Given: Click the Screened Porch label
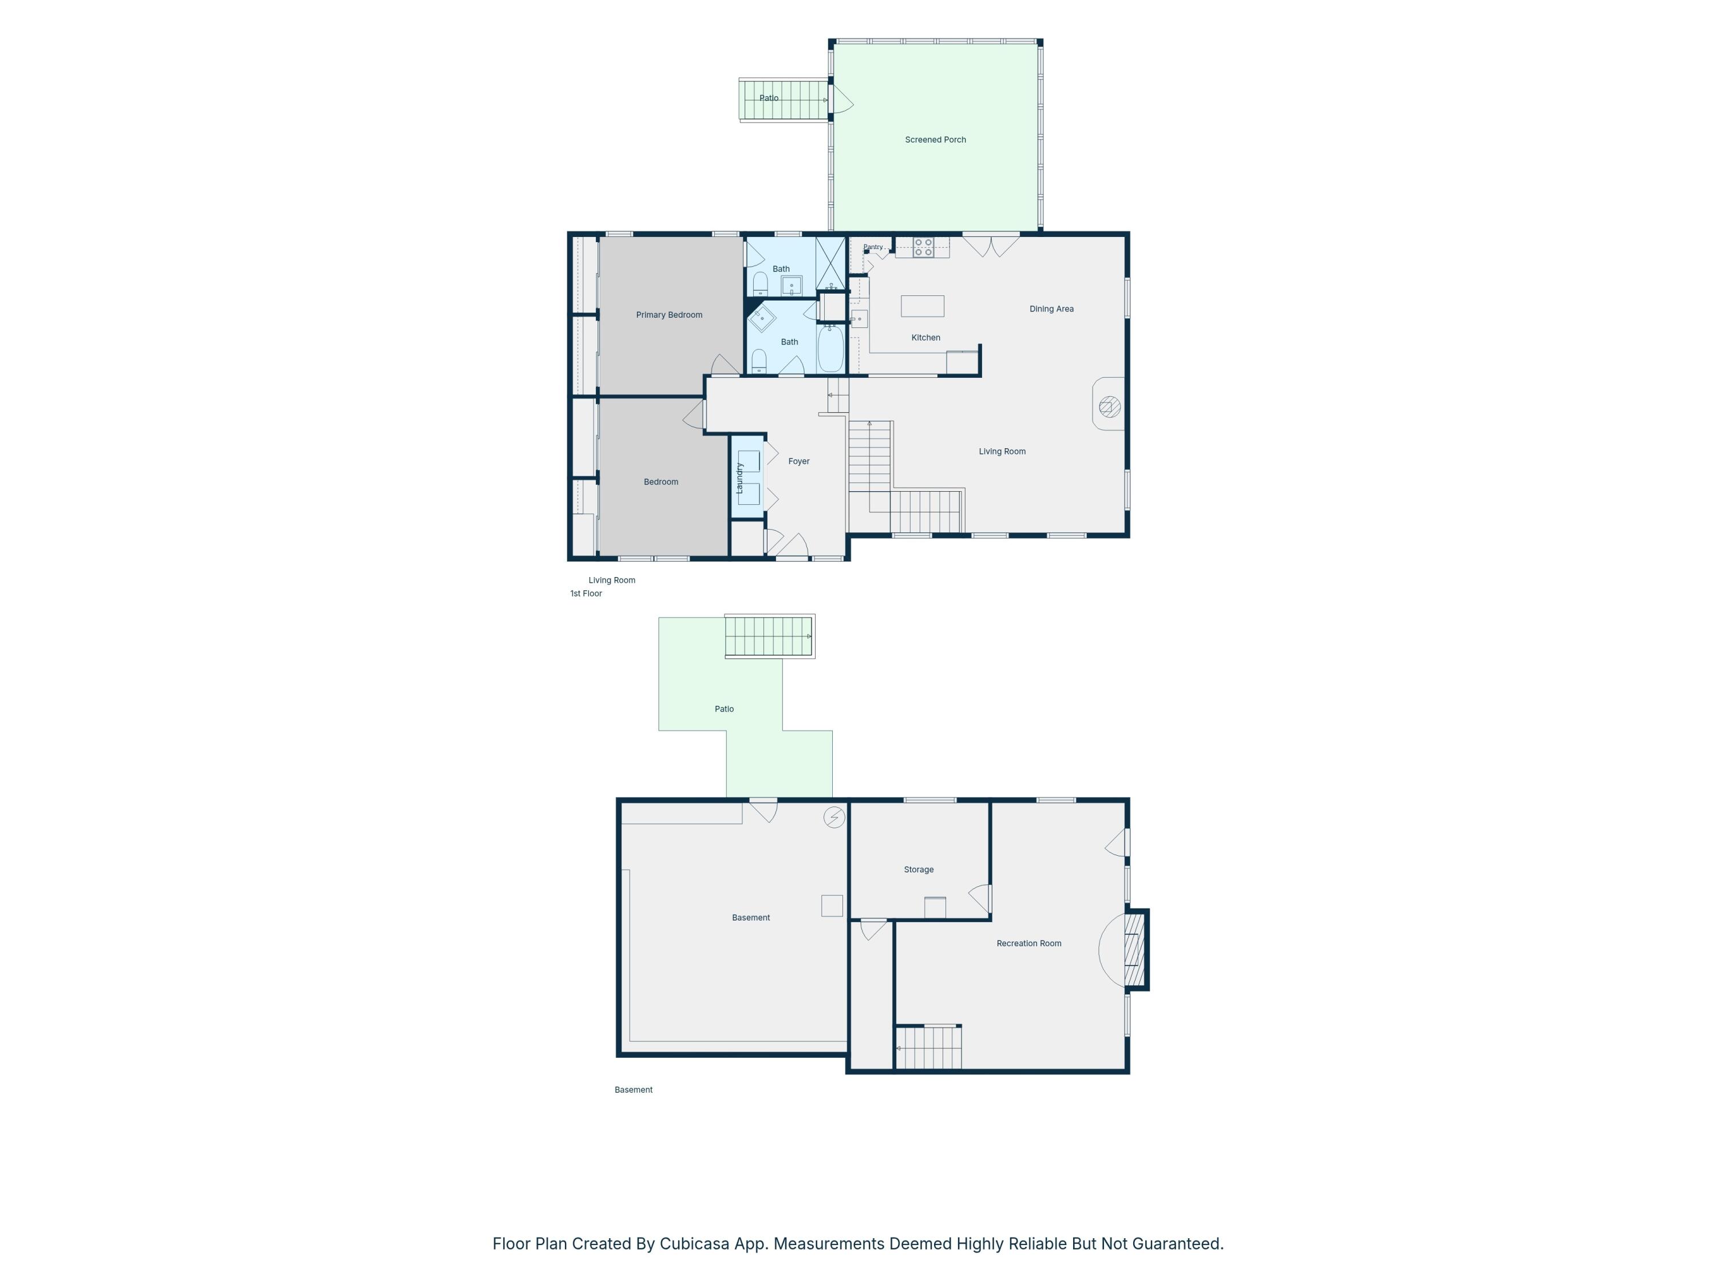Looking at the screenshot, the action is pyautogui.click(x=935, y=140).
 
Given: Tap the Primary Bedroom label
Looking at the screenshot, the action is pyautogui.click(x=669, y=314).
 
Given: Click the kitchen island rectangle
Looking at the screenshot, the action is pyautogui.click(x=922, y=306).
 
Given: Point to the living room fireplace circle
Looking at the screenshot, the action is pyautogui.click(x=1110, y=407).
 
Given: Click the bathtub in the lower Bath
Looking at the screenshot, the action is pyautogui.click(x=830, y=349).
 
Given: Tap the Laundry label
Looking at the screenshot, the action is pyautogui.click(x=739, y=477).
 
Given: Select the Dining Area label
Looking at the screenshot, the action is pyautogui.click(x=1052, y=309).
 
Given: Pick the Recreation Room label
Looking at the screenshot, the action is pyautogui.click(x=1028, y=943).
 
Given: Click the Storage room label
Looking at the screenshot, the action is pyautogui.click(x=918, y=870).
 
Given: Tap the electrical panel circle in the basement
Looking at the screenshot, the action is pyautogui.click(x=834, y=817).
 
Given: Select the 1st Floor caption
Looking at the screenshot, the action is pyautogui.click(x=586, y=593).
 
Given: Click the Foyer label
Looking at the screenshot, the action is pyautogui.click(x=799, y=461).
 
